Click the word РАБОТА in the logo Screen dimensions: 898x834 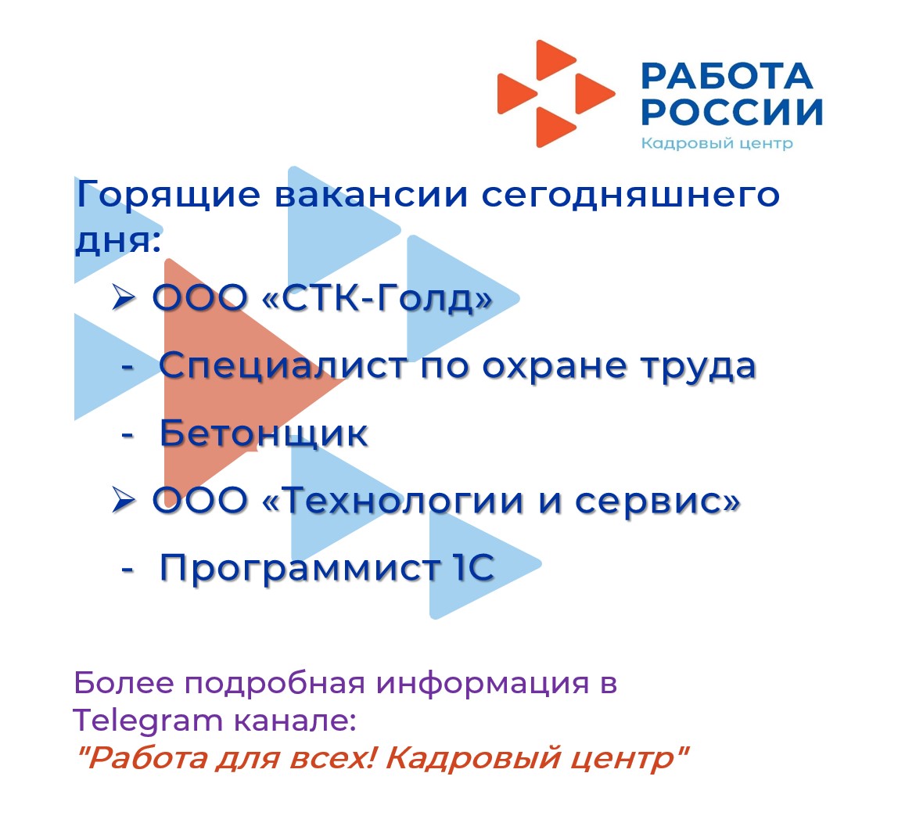coord(727,76)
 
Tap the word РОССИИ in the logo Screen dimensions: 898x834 coord(732,111)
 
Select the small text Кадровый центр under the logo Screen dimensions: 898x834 coord(717,142)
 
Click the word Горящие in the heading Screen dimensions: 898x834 coord(168,196)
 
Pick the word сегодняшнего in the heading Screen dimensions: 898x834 coord(630,196)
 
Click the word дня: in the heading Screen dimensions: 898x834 coord(118,241)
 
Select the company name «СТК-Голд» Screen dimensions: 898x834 coord(377,298)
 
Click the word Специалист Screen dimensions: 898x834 coord(283,366)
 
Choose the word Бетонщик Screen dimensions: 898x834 coord(264,433)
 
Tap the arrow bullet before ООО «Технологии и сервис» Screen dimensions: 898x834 coord(124,499)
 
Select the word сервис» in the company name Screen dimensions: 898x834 coord(657,501)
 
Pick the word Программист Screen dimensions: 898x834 coord(299,568)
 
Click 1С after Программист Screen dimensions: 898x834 coord(473,567)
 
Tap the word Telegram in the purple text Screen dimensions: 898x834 coord(148,720)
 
